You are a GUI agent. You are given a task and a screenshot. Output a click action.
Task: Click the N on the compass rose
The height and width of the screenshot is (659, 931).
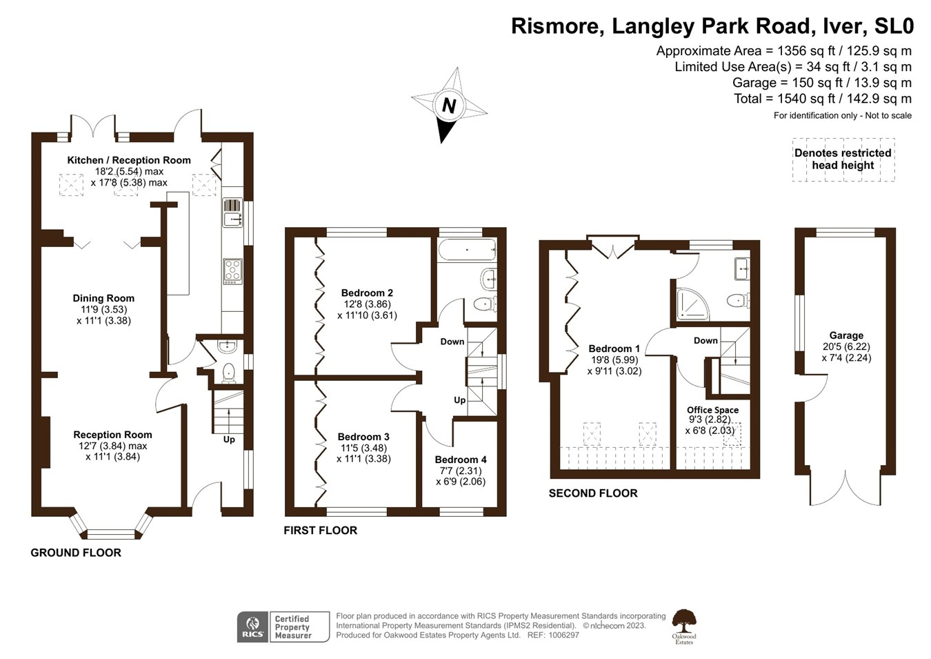(x=449, y=106)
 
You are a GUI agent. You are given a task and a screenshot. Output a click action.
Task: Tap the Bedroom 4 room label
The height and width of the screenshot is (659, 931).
(x=461, y=460)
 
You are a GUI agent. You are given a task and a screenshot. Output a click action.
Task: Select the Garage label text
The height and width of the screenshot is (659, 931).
(x=846, y=335)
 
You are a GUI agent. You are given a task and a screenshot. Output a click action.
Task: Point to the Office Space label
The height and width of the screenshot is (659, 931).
(x=712, y=410)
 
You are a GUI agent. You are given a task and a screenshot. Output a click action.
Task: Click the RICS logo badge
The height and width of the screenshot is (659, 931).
(x=252, y=627)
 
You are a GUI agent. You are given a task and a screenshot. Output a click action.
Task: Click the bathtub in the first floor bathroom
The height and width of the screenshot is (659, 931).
(x=467, y=249)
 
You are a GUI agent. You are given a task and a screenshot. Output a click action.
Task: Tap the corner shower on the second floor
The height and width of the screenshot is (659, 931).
(x=692, y=305)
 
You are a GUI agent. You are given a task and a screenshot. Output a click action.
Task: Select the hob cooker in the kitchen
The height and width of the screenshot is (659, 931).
(x=232, y=271)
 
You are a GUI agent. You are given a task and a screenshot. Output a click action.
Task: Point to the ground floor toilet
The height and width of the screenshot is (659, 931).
(x=229, y=373)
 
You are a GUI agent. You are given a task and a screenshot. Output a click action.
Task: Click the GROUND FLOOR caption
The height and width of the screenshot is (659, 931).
(x=76, y=553)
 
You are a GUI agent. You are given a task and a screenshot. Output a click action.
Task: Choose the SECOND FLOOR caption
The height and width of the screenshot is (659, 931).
(x=593, y=493)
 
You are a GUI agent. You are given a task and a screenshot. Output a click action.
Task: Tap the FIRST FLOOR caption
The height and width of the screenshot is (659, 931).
(x=321, y=531)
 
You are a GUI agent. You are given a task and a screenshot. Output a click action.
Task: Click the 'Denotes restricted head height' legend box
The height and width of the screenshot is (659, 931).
(x=843, y=159)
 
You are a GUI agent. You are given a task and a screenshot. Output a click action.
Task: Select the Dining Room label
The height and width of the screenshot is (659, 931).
(x=103, y=298)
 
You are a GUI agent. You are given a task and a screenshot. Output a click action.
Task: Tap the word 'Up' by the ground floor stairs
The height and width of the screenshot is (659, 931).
(x=229, y=440)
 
